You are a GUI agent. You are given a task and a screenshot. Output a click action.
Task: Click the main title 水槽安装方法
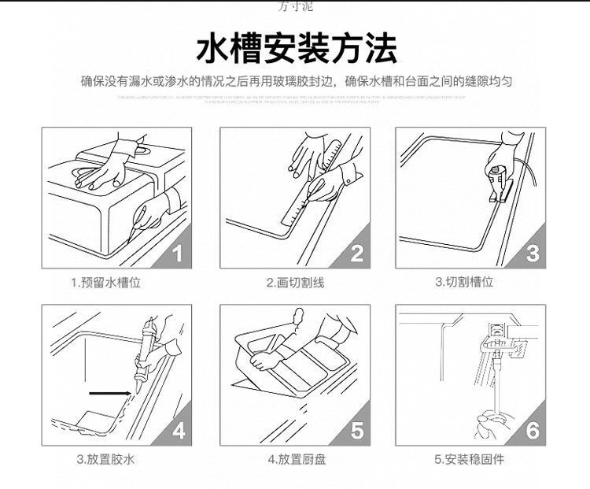[x=295, y=48]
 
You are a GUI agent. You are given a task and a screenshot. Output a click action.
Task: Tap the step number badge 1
[x=177, y=254]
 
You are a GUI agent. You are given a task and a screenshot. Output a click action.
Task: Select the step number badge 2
[x=356, y=254]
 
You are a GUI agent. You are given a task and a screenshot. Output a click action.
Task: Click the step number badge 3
[x=533, y=254]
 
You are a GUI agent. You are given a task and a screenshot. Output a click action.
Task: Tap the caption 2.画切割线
[x=295, y=282]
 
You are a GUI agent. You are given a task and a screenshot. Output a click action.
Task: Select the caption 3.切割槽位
[x=464, y=281]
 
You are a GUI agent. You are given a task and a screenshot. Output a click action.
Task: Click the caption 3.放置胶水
[x=105, y=458]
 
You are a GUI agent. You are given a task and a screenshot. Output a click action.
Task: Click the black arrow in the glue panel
[x=109, y=391]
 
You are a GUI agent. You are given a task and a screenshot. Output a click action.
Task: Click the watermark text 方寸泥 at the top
[x=296, y=6]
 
